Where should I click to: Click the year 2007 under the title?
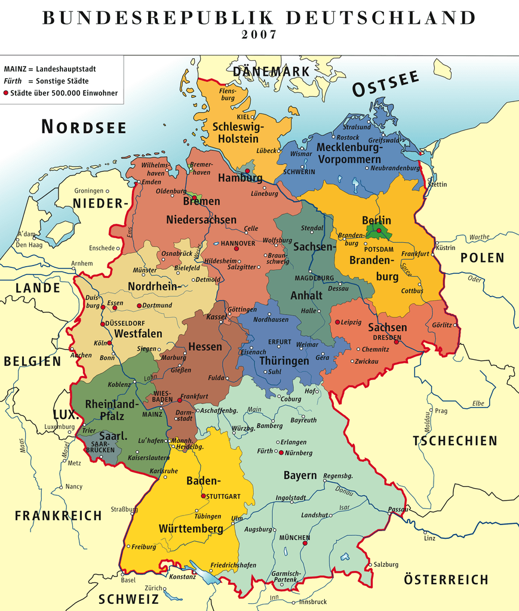point(259,35)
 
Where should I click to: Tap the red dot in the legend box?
point(6,93)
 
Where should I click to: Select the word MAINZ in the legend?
point(15,69)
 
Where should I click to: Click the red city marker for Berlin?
point(379,230)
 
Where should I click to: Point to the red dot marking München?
point(306,544)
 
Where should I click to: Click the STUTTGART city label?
point(223,496)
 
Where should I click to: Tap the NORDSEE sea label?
point(84,127)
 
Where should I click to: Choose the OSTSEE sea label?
point(385,85)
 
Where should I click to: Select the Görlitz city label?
point(442,325)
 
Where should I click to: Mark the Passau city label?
point(398,509)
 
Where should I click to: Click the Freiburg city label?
point(144,547)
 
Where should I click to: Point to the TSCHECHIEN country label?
point(454,441)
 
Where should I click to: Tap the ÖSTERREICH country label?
point(446,579)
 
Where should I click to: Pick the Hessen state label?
point(205,347)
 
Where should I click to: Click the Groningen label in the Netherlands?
point(89,191)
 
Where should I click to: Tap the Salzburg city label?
point(386,564)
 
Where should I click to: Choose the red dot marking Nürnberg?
point(281,453)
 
